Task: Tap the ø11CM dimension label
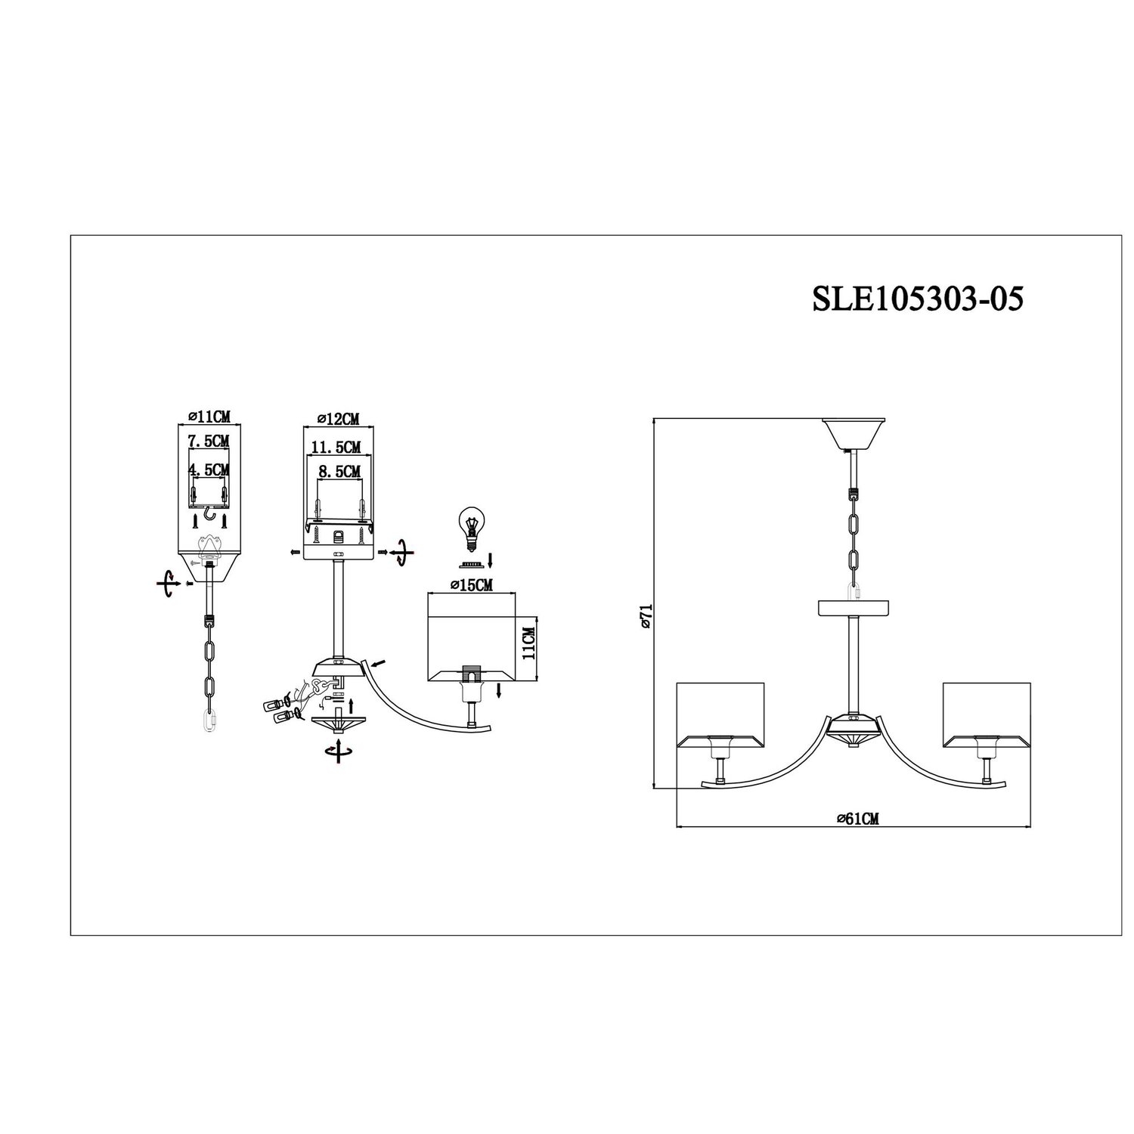(208, 416)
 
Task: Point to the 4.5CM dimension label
(209, 470)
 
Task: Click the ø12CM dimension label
(337, 418)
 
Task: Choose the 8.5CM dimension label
(338, 472)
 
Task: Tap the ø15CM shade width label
(471, 585)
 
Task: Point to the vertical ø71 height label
(645, 617)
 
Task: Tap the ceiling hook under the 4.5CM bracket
(209, 520)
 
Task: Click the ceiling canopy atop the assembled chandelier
(854, 433)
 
